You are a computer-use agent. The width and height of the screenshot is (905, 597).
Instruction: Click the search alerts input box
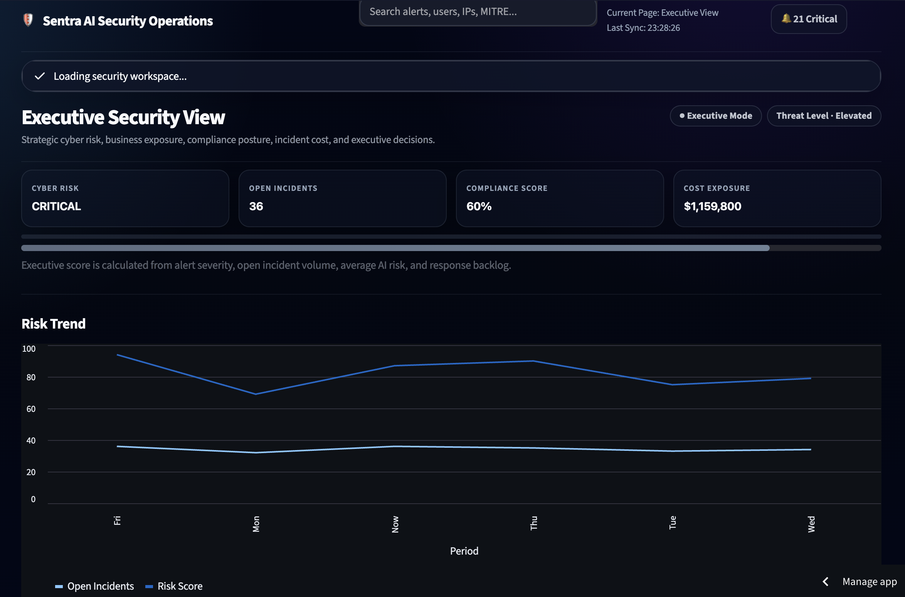(x=478, y=12)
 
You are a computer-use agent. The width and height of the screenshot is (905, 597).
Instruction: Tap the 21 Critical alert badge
(x=809, y=19)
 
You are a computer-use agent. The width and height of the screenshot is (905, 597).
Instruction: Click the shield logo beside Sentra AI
(x=28, y=20)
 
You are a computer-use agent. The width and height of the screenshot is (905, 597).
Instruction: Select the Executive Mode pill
(x=716, y=116)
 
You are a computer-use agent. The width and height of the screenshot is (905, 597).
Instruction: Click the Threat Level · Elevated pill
(x=824, y=116)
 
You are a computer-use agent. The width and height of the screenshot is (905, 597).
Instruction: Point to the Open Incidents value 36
(x=256, y=206)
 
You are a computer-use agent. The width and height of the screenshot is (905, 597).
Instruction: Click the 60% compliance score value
(x=479, y=206)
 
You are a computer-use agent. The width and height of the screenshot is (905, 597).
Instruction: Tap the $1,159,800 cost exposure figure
(x=712, y=206)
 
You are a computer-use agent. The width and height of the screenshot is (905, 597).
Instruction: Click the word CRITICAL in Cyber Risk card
(x=56, y=206)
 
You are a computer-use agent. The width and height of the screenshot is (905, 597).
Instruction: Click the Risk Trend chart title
(x=54, y=324)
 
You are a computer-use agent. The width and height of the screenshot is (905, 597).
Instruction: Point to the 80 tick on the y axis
(x=31, y=377)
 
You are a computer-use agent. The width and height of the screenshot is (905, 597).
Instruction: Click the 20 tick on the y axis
(x=31, y=472)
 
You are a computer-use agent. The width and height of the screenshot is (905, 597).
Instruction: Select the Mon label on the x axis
(x=256, y=524)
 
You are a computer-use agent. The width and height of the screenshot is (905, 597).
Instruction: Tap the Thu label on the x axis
(x=533, y=523)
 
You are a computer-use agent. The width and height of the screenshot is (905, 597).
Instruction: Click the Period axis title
(x=464, y=551)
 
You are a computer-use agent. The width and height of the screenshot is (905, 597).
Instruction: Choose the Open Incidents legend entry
(x=94, y=586)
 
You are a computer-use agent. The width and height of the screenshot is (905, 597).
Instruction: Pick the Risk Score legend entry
(x=174, y=586)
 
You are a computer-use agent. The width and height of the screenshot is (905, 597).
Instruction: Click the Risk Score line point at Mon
(x=256, y=394)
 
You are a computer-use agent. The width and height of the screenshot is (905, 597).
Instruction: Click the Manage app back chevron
(x=826, y=582)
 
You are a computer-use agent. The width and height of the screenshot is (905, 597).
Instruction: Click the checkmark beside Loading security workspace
(x=40, y=76)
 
